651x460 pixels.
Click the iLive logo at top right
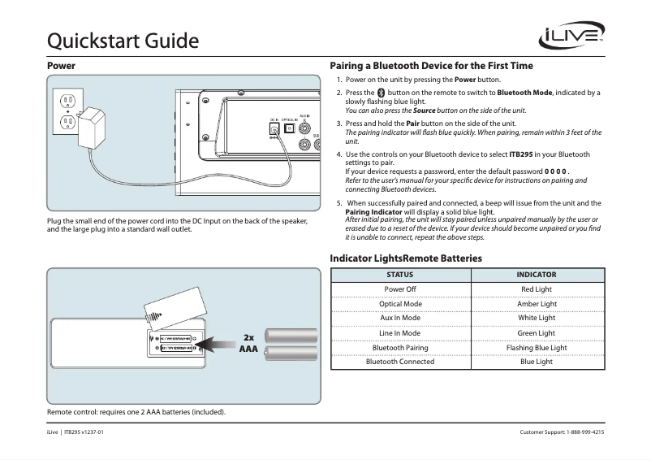(x=571, y=37)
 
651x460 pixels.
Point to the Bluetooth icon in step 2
(x=382, y=93)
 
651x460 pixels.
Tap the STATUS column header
(x=400, y=275)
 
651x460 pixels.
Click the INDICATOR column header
(x=537, y=275)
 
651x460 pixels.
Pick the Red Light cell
(x=537, y=289)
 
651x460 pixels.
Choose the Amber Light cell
(x=537, y=304)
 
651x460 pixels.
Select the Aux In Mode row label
(x=400, y=318)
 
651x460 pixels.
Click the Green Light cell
(x=537, y=332)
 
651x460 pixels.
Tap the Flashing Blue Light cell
(x=537, y=347)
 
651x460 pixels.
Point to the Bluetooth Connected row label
(x=400, y=362)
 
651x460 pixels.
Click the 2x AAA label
(x=248, y=343)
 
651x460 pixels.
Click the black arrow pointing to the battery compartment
(x=218, y=342)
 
